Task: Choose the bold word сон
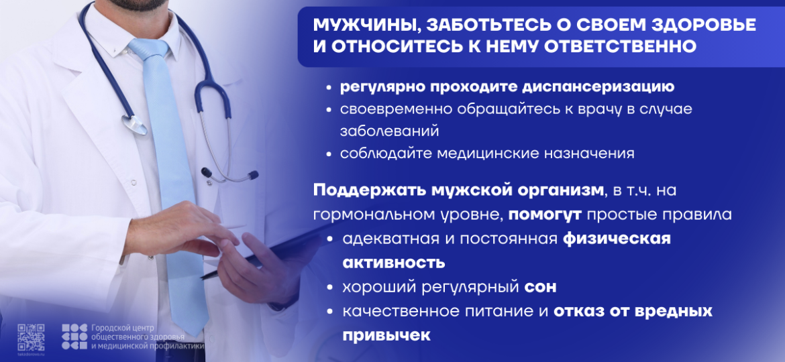click(x=540, y=287)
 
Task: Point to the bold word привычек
click(x=386, y=335)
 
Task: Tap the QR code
click(x=31, y=336)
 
